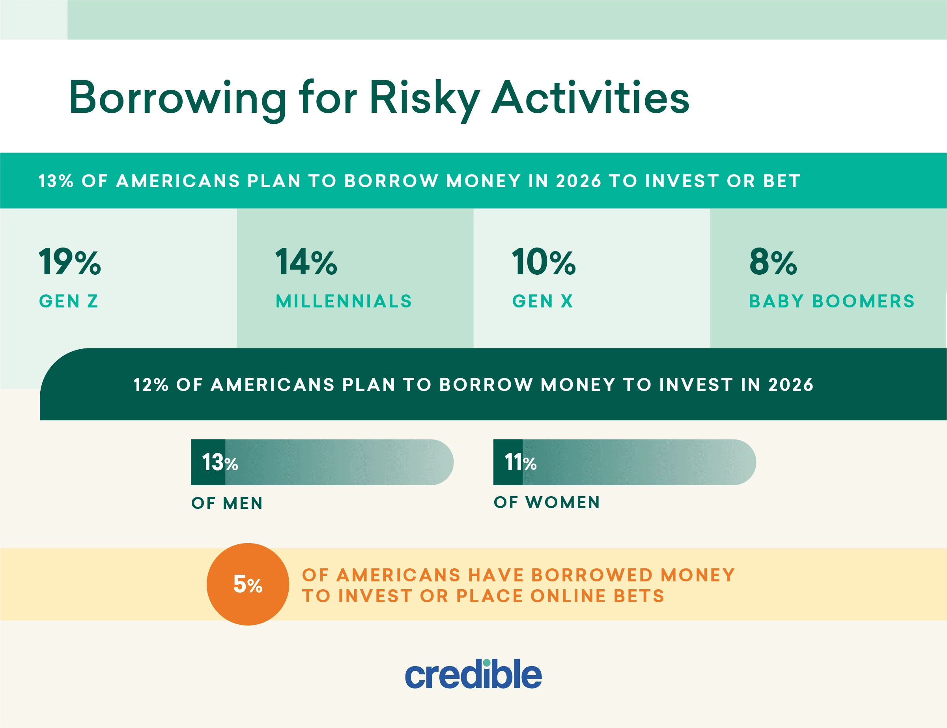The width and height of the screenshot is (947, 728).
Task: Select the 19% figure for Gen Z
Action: (70, 262)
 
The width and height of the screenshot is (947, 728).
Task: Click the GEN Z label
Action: (69, 301)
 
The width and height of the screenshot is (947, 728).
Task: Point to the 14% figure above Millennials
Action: (306, 262)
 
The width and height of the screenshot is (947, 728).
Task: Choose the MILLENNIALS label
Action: (344, 301)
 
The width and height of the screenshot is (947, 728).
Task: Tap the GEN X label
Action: (543, 301)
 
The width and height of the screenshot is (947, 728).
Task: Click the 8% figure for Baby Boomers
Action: (773, 262)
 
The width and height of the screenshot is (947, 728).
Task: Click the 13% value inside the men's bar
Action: (220, 462)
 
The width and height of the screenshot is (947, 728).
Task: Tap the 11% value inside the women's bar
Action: (520, 462)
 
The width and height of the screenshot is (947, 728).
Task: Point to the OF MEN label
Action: (227, 503)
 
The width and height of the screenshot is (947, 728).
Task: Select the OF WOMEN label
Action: (547, 502)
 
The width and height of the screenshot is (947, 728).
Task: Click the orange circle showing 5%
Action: (248, 584)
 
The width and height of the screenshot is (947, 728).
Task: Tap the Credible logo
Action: (473, 674)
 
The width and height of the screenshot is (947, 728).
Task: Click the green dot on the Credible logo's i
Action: (486, 663)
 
